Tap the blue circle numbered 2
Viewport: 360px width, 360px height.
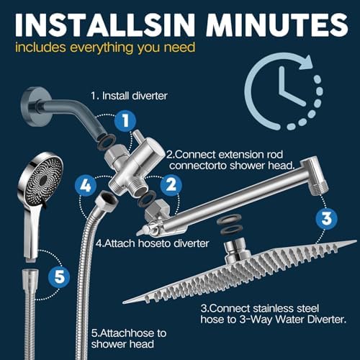pos(170,185)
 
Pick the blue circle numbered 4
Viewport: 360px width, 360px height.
pos(86,185)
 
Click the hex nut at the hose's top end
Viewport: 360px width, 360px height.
pos(105,199)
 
